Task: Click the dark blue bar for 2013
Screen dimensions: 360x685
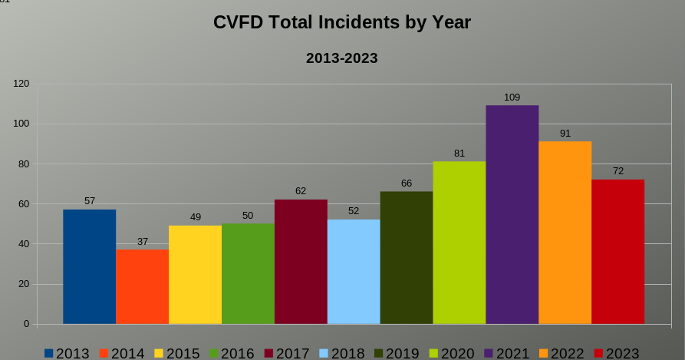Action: pyautogui.click(x=89, y=266)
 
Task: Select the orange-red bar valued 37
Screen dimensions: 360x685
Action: pyautogui.click(x=142, y=286)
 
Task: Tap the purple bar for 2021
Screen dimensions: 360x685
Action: pyautogui.click(x=512, y=214)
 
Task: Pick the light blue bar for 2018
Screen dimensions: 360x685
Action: pyautogui.click(x=354, y=272)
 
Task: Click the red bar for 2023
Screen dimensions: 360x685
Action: pyautogui.click(x=617, y=252)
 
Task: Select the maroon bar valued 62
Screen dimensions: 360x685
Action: pyautogui.click(x=301, y=262)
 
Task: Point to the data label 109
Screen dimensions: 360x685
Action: pyautogui.click(x=512, y=97)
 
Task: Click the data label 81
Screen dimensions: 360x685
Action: pyautogui.click(x=459, y=154)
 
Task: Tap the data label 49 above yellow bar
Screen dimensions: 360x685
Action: pyautogui.click(x=196, y=217)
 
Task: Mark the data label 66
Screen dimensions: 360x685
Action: pyautogui.click(x=407, y=183)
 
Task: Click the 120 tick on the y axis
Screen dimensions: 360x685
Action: pyautogui.click(x=21, y=84)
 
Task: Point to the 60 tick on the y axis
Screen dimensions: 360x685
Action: pyautogui.click(x=24, y=204)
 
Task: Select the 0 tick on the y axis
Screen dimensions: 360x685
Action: pyautogui.click(x=26, y=324)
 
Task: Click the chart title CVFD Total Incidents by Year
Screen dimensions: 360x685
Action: pyautogui.click(x=342, y=23)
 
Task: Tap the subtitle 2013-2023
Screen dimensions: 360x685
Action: pyautogui.click(x=342, y=58)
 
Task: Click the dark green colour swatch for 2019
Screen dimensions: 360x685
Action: pyautogui.click(x=379, y=353)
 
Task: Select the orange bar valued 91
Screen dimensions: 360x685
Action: pyautogui.click(x=565, y=233)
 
